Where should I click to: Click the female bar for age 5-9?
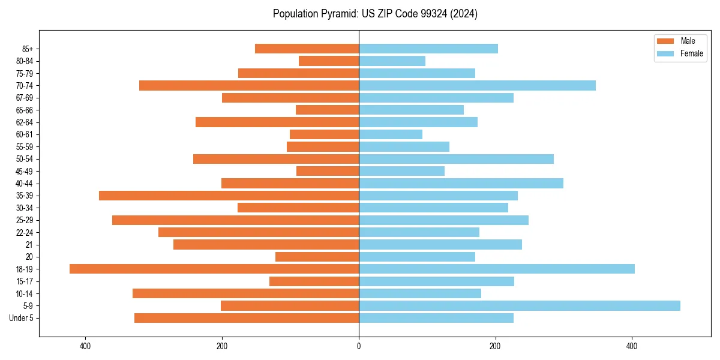(x=519, y=306)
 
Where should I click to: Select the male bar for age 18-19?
(x=214, y=269)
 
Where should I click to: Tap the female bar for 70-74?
(x=477, y=85)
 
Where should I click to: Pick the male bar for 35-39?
(x=229, y=196)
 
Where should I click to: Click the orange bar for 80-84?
(x=329, y=61)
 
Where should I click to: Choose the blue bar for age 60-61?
(x=391, y=134)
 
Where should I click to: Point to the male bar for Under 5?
(x=247, y=318)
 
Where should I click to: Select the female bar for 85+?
(x=428, y=49)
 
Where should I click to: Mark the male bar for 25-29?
(x=235, y=220)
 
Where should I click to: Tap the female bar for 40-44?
(x=461, y=183)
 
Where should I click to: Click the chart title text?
(x=375, y=14)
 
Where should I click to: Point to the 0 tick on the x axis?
(x=359, y=346)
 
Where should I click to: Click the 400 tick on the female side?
(x=631, y=346)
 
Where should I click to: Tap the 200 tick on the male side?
(x=222, y=346)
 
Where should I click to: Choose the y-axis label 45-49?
(x=24, y=171)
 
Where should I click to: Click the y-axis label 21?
(x=29, y=245)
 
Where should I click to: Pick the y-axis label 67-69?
(x=24, y=98)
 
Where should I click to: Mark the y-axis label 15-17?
(x=24, y=281)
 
